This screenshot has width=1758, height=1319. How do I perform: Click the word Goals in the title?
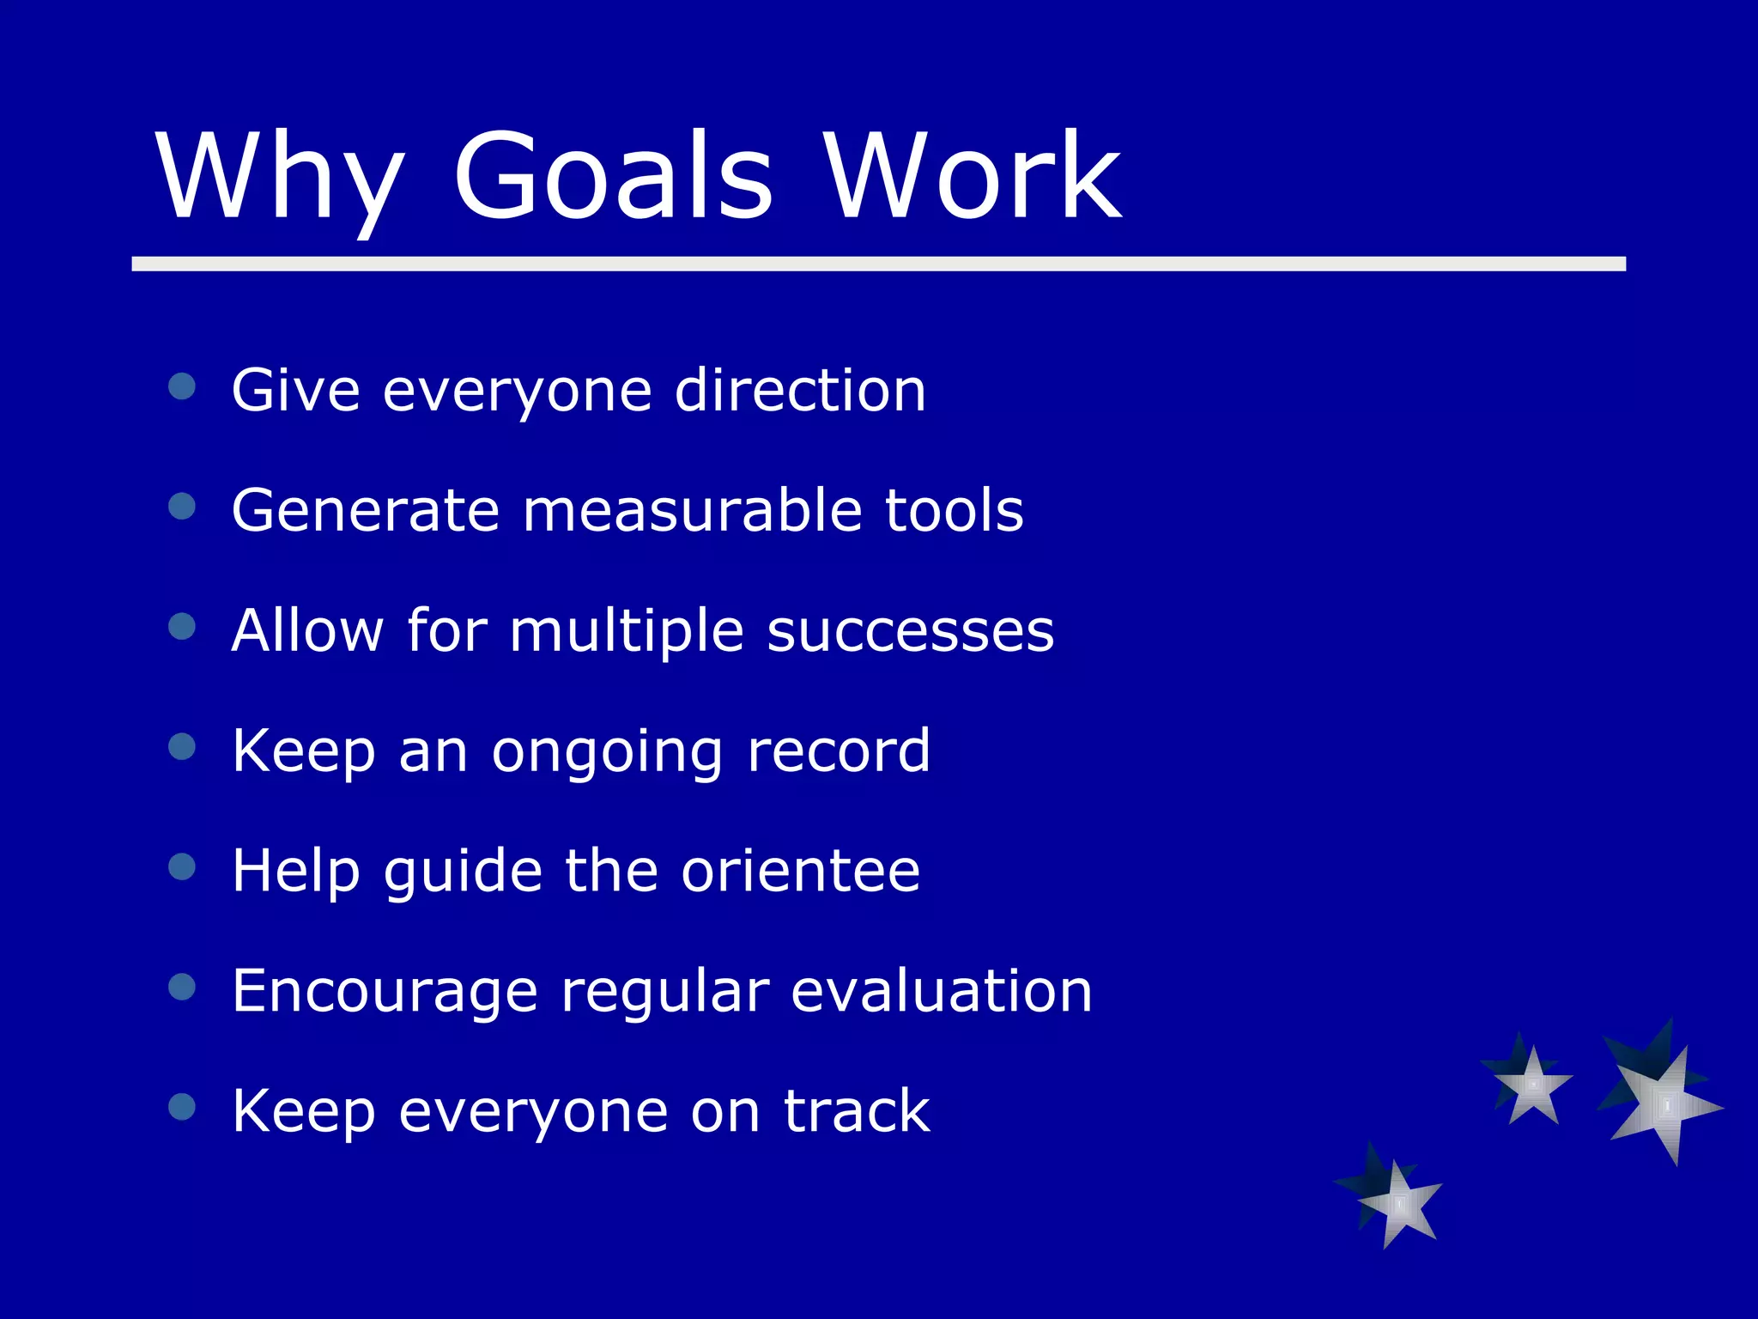coord(613,176)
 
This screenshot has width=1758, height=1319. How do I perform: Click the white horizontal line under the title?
coord(878,264)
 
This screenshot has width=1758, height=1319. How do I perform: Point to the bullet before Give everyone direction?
coord(182,386)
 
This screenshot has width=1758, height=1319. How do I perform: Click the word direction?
coord(799,391)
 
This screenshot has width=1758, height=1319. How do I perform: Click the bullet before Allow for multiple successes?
coord(182,626)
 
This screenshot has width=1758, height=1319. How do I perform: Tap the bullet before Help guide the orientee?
coord(182,866)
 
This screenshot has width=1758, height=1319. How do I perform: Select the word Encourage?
coord(385,993)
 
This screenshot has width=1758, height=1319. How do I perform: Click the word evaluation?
coord(941,991)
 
